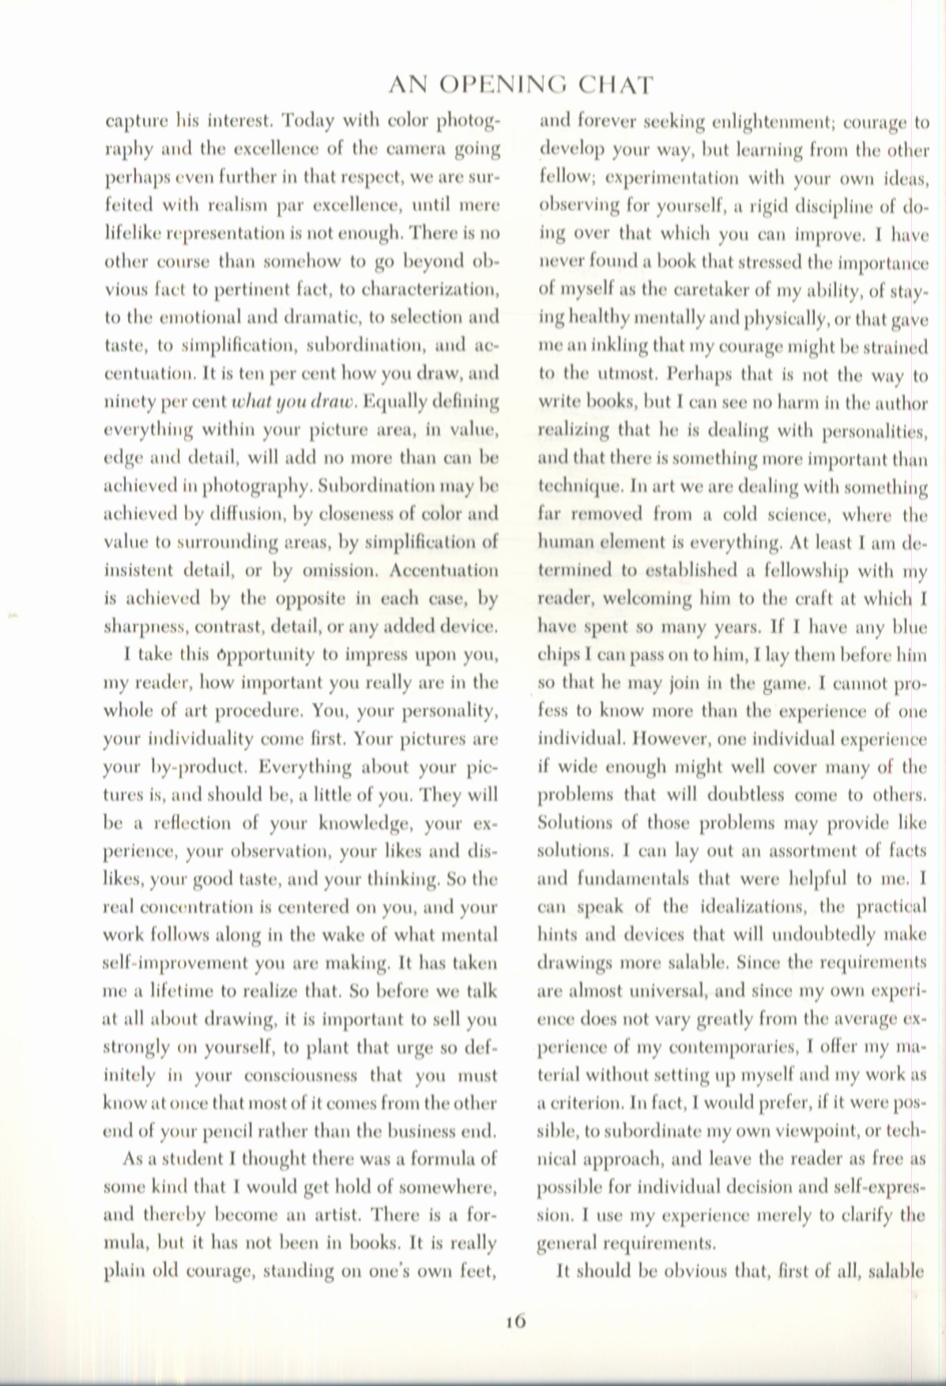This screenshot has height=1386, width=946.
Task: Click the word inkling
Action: tap(631, 346)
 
